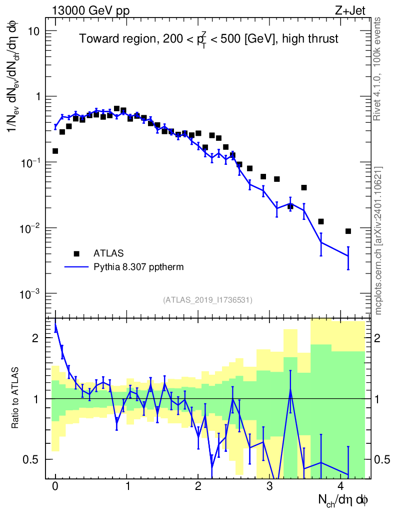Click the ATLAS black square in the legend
tap(77, 253)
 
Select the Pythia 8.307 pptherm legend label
tap(138, 267)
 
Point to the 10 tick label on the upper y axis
tap(33, 31)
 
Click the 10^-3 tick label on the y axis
tap(30, 294)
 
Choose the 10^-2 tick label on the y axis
tap(30, 228)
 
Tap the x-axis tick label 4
tap(341, 486)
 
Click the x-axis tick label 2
tap(198, 486)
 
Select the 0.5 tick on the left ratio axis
tap(31, 459)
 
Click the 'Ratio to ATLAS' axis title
tap(15, 399)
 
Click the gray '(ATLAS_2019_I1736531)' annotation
tap(207, 300)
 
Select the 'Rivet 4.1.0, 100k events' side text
tap(377, 68)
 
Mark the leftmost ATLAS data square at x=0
tap(55, 151)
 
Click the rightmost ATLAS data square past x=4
tap(348, 231)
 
